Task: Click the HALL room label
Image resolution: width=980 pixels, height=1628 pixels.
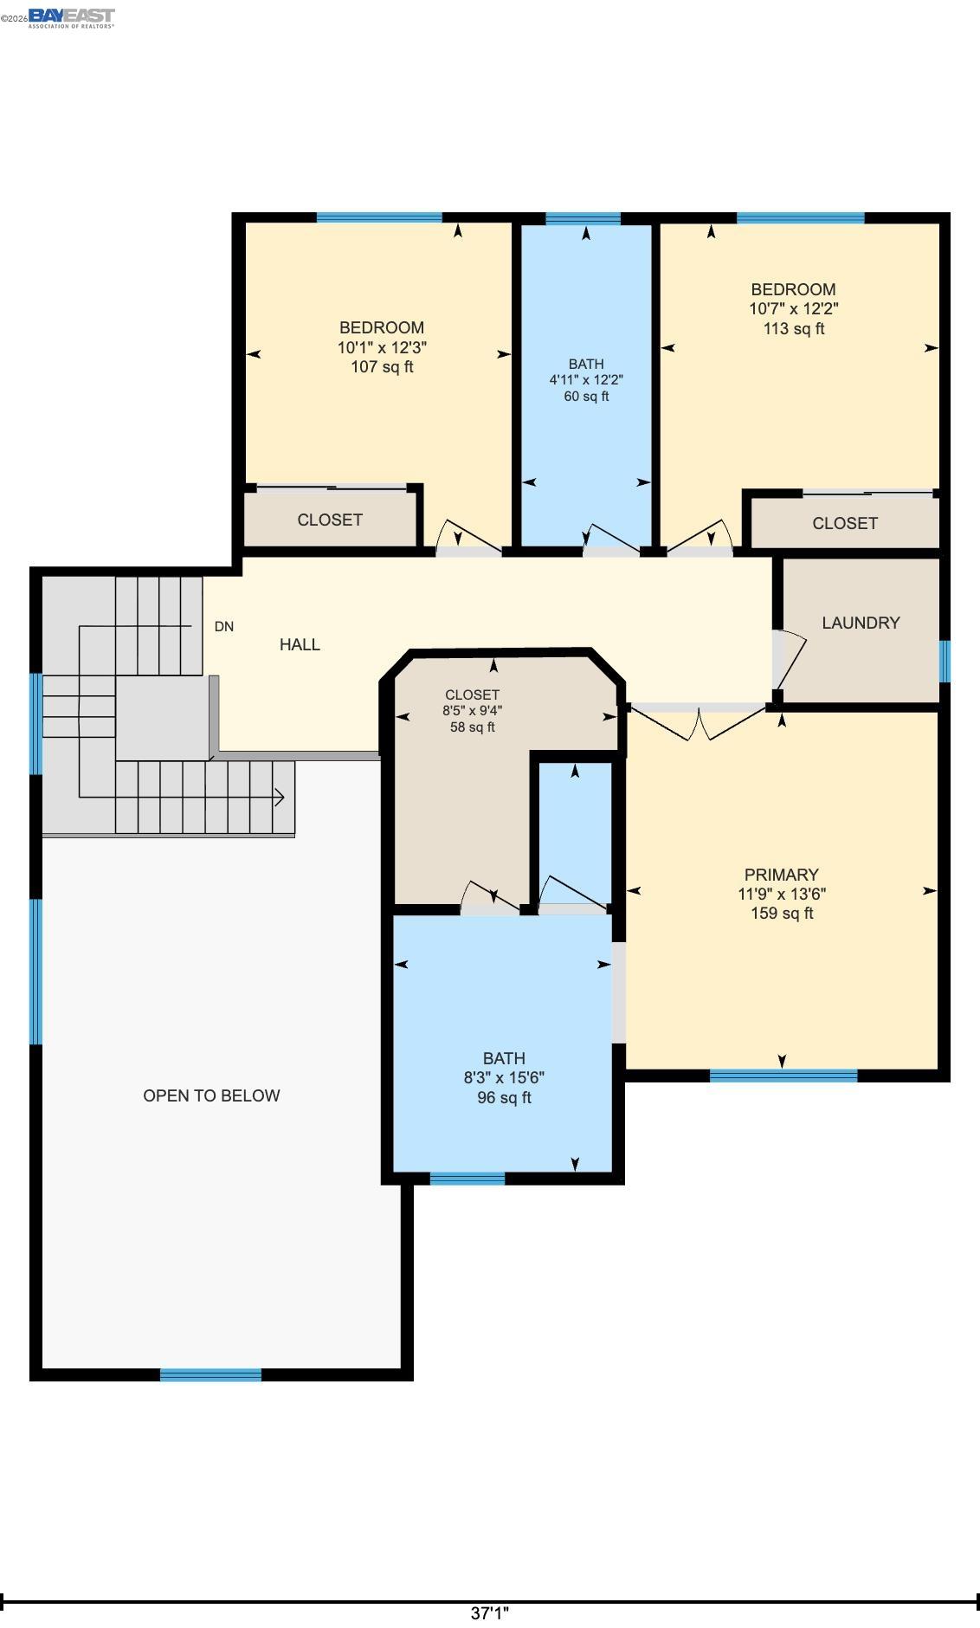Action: click(x=300, y=644)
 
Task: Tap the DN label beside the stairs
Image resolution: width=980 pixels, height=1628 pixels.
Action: click(x=224, y=626)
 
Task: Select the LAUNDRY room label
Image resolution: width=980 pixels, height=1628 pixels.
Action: click(x=861, y=623)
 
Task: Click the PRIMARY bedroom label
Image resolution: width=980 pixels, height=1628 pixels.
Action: click(x=781, y=875)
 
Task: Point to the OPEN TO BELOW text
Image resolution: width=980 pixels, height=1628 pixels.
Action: click(x=211, y=1095)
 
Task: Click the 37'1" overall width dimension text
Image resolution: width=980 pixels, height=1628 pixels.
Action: click(x=490, y=1613)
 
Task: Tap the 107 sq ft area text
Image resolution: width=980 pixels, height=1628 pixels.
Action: click(x=382, y=366)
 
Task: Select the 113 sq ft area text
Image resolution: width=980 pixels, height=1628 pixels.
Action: click(x=794, y=328)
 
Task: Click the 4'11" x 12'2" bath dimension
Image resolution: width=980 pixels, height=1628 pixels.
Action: click(x=586, y=379)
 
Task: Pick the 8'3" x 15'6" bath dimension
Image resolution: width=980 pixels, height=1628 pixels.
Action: click(x=504, y=1077)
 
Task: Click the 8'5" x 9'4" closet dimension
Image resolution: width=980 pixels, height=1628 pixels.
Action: click(x=472, y=710)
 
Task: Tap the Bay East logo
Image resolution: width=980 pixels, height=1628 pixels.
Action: click(x=71, y=17)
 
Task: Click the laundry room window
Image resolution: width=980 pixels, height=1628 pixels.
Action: click(x=945, y=661)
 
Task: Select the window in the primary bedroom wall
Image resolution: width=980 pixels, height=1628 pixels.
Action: click(x=783, y=1076)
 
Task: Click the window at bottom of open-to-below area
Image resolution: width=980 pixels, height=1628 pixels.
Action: click(x=210, y=1374)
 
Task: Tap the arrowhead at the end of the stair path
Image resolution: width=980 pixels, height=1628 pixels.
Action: click(x=280, y=797)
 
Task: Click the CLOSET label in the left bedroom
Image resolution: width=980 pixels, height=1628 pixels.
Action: click(x=330, y=520)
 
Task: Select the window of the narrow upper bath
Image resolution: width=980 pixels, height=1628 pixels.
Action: click(x=583, y=218)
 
